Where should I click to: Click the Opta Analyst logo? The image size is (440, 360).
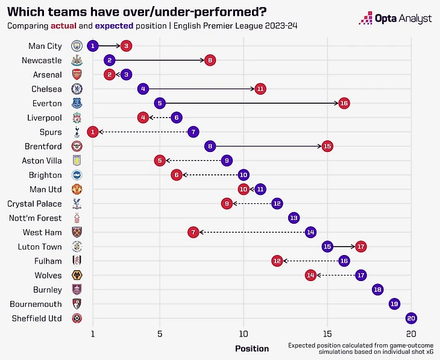pyautogui.click(x=395, y=18)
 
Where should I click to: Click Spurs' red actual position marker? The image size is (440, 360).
pyautogui.click(x=93, y=132)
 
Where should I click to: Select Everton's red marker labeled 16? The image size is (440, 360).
pyautogui.click(x=344, y=103)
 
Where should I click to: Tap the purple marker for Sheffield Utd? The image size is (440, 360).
pyautogui.click(x=411, y=318)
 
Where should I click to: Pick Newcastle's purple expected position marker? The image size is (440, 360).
pyautogui.click(x=109, y=60)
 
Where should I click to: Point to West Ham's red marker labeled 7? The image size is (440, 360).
pyautogui.click(x=193, y=232)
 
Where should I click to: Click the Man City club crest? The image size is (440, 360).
pyautogui.click(x=77, y=46)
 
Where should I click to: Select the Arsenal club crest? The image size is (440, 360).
pyautogui.click(x=77, y=75)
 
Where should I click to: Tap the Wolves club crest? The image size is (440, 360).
pyautogui.click(x=77, y=275)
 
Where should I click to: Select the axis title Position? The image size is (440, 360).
pyautogui.click(x=252, y=349)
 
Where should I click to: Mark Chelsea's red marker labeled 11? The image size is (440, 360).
pyautogui.click(x=260, y=89)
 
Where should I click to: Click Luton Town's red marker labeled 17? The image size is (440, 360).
pyautogui.click(x=360, y=247)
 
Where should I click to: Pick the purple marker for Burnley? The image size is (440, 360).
pyautogui.click(x=377, y=289)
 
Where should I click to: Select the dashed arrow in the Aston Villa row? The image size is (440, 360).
pyautogui.click(x=193, y=160)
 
